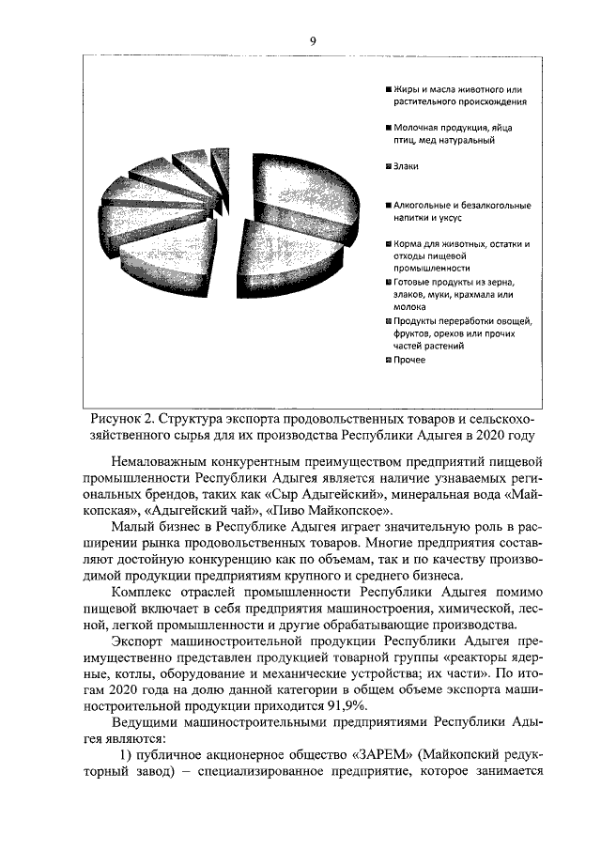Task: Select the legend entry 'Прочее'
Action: point(409,360)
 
